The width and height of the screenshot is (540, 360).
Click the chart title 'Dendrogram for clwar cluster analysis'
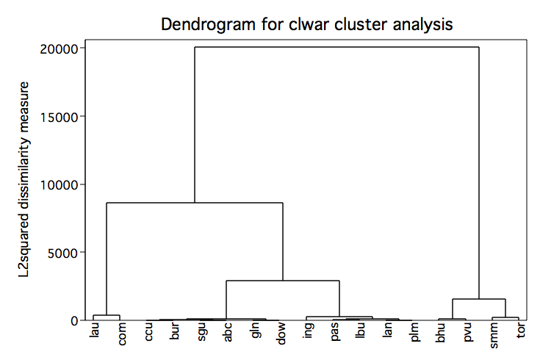306,24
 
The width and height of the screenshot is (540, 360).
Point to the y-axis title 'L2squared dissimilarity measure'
24,179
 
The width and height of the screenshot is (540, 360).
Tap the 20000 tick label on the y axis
59,49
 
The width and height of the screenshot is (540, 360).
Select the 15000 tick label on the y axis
60,118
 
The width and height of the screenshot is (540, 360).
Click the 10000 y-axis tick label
60,185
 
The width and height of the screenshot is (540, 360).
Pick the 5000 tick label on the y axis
63,253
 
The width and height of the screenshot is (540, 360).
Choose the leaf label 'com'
121,334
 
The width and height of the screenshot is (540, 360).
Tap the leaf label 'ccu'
148,332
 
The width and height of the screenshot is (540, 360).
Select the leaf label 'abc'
227,332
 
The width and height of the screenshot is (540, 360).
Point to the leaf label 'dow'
281,334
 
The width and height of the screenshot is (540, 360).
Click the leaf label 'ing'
309,331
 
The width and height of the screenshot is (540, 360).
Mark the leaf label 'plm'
415,332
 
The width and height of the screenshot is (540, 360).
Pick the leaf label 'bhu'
441,332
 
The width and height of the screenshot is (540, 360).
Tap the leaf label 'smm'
494,336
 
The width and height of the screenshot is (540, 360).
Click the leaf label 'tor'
520,330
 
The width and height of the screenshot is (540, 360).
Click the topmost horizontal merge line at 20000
336,47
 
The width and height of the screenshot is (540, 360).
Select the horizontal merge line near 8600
195,203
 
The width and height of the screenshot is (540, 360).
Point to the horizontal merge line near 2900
283,281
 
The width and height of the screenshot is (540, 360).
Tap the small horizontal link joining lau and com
107,315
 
